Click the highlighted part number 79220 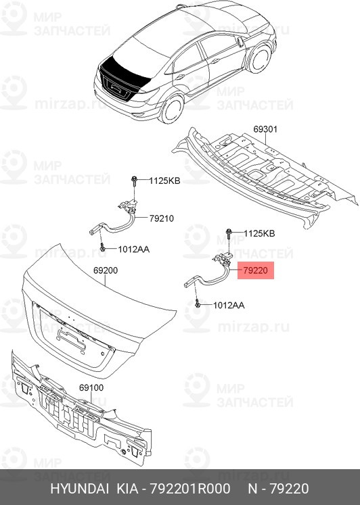click(x=256, y=270)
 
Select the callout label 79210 click(x=162, y=218)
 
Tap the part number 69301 click(x=266, y=128)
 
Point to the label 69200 click(x=105, y=270)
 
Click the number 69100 click(x=91, y=388)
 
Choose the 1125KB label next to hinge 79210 click(x=164, y=181)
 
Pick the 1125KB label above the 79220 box click(x=259, y=233)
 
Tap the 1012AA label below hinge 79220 click(x=228, y=305)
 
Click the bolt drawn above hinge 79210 click(x=135, y=181)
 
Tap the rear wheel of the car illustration click(x=173, y=108)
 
